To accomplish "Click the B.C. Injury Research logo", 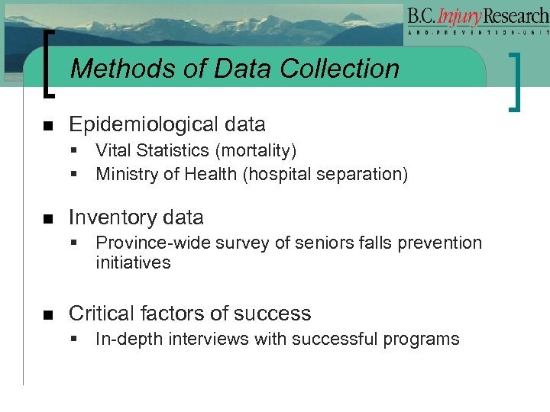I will [477, 22].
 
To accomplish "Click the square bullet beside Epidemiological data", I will [47, 125].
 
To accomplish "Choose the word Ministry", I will [125, 174].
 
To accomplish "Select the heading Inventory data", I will [136, 217].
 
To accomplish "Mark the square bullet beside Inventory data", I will [47, 218].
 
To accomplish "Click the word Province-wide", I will [144, 243].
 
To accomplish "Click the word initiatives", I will [133, 263].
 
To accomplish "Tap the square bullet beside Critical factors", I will [47, 314].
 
